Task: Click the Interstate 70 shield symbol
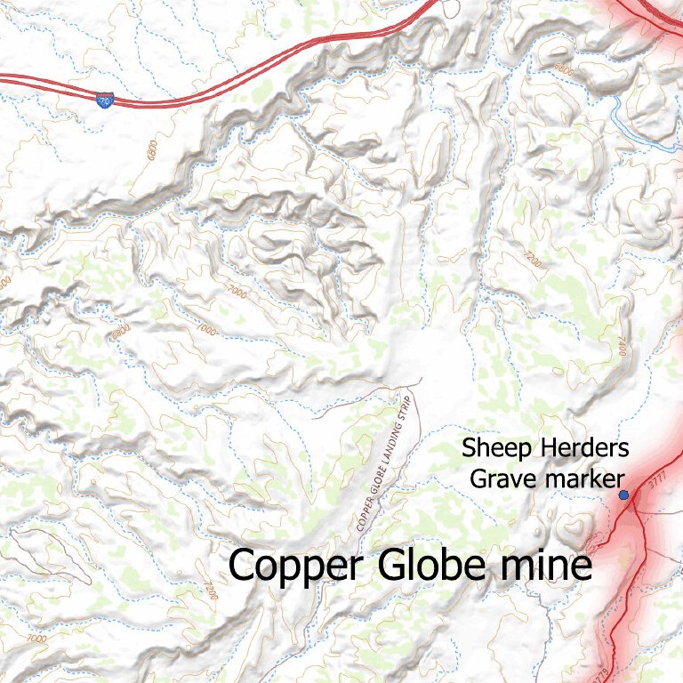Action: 104,97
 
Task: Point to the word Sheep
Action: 494,448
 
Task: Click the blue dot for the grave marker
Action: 623,494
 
